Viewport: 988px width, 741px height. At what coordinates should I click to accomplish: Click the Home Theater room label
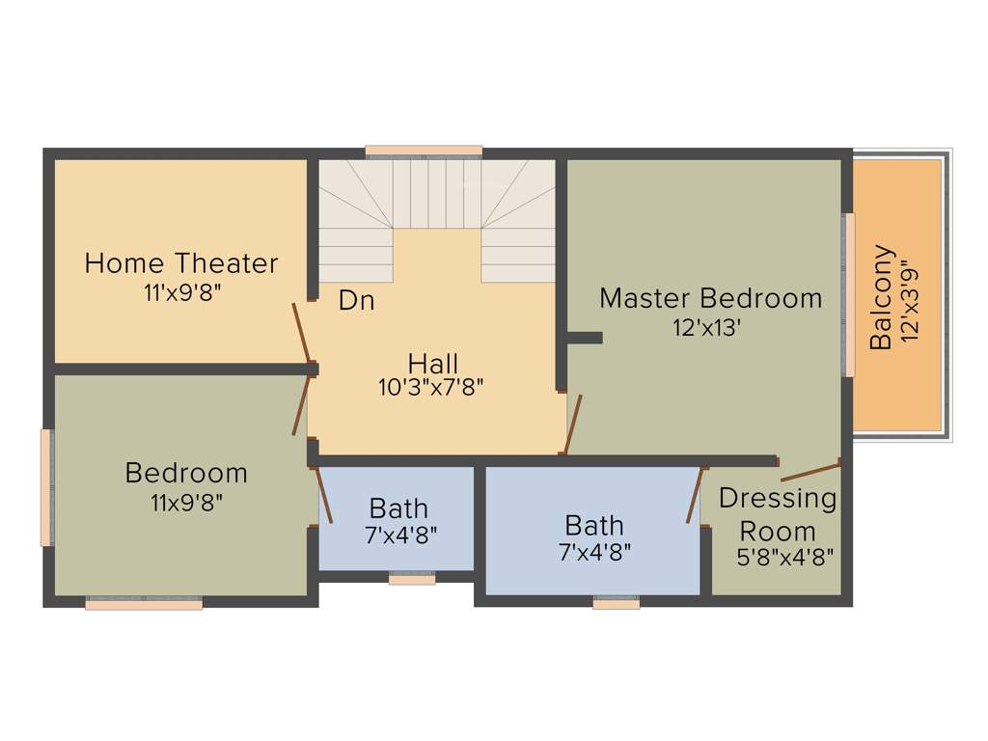(x=181, y=262)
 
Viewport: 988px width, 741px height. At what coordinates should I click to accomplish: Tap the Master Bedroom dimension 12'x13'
(x=706, y=327)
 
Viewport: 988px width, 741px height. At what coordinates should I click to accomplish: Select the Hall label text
(x=432, y=364)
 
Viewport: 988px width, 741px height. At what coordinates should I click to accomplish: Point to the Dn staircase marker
(x=356, y=301)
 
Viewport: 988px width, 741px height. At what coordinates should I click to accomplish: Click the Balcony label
(x=881, y=297)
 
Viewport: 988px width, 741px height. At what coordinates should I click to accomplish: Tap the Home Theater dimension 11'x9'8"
(x=182, y=291)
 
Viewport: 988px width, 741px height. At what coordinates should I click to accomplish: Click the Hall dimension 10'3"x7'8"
(x=430, y=388)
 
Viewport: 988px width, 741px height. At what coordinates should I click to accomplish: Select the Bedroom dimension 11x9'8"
(x=186, y=502)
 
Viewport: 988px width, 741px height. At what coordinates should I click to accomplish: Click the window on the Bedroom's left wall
(x=45, y=487)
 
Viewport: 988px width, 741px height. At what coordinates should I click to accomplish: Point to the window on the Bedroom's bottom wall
(x=144, y=604)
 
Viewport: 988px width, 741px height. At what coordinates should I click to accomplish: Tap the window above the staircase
(x=424, y=151)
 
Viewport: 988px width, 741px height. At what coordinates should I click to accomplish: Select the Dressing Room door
(x=810, y=471)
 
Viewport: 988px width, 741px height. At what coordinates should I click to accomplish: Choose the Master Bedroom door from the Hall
(x=573, y=424)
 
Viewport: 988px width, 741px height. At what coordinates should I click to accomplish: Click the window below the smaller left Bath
(x=412, y=579)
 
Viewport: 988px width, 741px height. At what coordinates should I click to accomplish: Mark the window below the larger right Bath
(x=617, y=603)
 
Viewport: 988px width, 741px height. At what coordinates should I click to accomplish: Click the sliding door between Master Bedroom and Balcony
(x=849, y=294)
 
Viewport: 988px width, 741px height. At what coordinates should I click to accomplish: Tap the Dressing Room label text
(x=778, y=514)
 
